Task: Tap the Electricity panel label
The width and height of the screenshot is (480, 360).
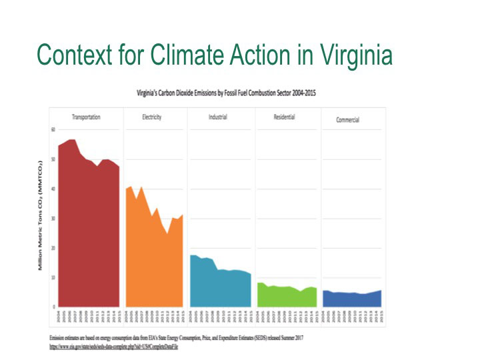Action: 151,117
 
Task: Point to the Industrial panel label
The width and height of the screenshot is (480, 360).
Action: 217,117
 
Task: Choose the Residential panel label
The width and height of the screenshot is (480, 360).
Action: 284,117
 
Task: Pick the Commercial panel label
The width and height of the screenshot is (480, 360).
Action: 348,120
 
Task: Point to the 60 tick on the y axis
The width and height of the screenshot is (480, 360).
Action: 53,129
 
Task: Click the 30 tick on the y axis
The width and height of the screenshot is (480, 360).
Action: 53,219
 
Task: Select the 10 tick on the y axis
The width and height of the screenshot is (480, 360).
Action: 53,277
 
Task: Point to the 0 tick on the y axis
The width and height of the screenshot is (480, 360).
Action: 54,307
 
